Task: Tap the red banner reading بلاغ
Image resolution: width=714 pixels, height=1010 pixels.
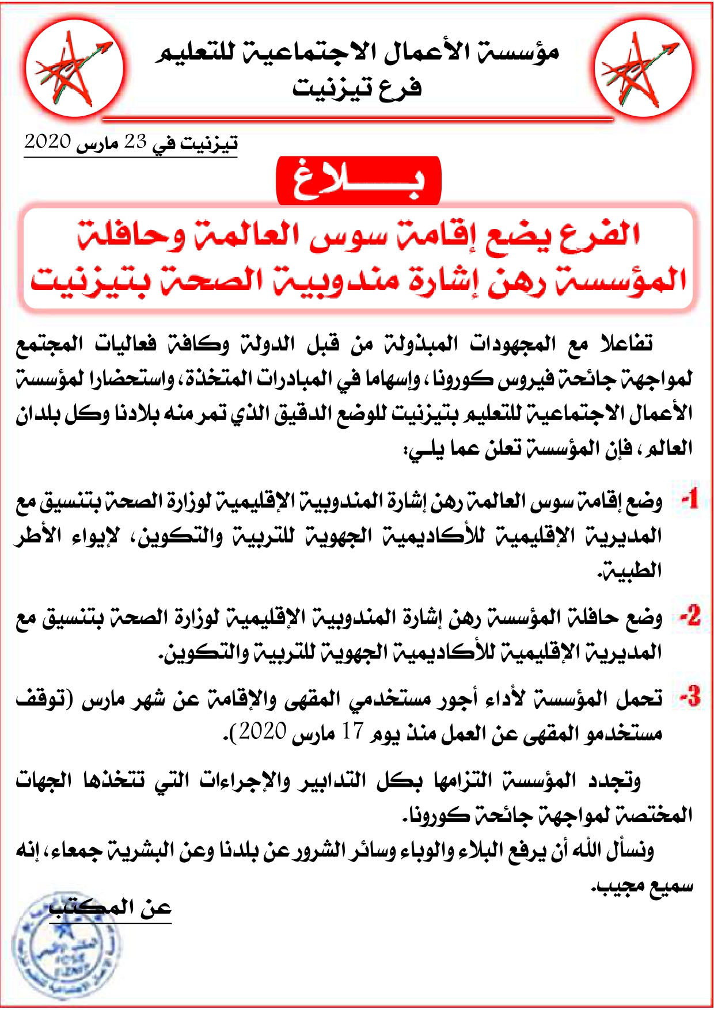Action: click(358, 181)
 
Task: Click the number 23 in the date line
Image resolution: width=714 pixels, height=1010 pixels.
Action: click(135, 142)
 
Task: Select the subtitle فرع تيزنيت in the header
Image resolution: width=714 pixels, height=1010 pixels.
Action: click(357, 88)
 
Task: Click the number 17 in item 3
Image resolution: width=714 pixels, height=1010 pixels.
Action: click(352, 732)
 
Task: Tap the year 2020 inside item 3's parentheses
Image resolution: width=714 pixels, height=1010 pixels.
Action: click(263, 732)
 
